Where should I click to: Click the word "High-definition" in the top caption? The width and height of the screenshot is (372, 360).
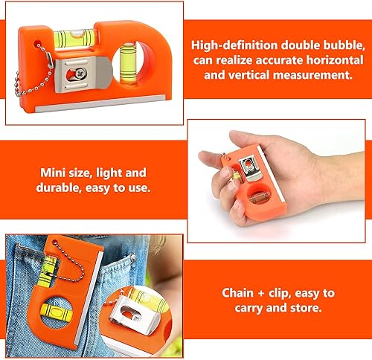point(234,45)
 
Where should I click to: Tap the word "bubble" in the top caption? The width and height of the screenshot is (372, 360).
point(344,45)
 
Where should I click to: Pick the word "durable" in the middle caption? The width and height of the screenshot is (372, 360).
point(59,187)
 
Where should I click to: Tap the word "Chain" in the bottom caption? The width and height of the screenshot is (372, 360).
point(237,293)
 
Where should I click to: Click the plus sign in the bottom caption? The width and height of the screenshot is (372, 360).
point(261,294)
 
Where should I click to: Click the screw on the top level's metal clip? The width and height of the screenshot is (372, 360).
point(81,72)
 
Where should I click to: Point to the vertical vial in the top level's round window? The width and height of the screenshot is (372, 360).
point(129,63)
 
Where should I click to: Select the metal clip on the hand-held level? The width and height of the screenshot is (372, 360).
point(251,168)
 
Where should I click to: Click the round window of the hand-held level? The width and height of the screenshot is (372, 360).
point(257,196)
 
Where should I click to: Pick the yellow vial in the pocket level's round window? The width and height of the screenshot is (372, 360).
point(57,312)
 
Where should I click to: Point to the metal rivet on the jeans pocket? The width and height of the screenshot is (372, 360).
point(133,258)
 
